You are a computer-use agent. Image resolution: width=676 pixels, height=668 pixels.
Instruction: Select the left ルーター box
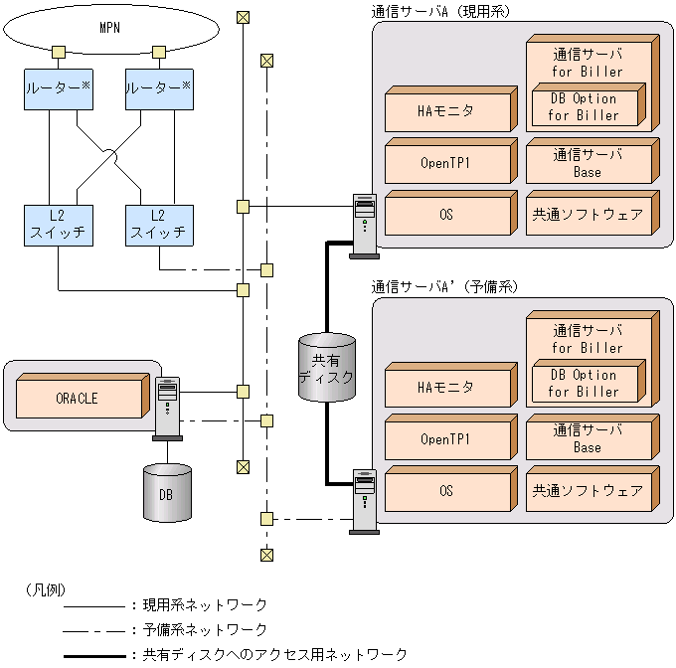[x=57, y=88]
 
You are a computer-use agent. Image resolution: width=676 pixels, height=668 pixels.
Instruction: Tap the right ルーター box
[x=158, y=88]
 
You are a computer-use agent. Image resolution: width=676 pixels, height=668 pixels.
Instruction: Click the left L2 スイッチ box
[x=57, y=226]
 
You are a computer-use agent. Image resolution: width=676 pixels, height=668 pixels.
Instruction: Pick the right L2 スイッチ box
[x=158, y=226]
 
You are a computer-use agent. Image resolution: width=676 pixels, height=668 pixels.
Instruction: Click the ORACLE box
[x=77, y=399]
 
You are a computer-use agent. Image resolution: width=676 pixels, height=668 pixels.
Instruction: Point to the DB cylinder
[x=166, y=492]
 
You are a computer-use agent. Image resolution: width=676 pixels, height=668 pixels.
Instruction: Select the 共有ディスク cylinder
[x=327, y=367]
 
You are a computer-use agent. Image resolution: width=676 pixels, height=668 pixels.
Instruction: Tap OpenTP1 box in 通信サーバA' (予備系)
[x=446, y=439]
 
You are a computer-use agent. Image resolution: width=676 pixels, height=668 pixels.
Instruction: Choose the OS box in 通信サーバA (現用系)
[x=446, y=214]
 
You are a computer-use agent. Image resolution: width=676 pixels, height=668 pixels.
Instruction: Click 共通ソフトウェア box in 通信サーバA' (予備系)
[x=588, y=490]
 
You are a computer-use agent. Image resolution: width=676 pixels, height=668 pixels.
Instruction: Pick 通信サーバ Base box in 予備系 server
[x=588, y=439]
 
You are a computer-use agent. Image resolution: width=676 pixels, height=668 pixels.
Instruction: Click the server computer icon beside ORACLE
[x=168, y=406]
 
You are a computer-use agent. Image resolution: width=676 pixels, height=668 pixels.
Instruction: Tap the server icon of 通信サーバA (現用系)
[x=364, y=225]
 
